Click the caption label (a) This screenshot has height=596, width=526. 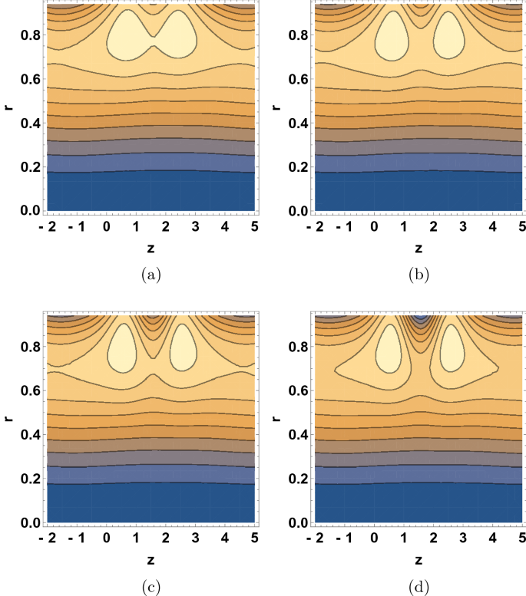[x=151, y=273]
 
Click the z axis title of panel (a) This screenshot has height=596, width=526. [x=151, y=249]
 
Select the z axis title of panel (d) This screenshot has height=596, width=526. [x=418, y=561]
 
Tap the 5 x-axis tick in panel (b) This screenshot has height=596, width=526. [x=521, y=227]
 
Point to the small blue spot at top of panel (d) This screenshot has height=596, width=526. [x=418, y=318]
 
